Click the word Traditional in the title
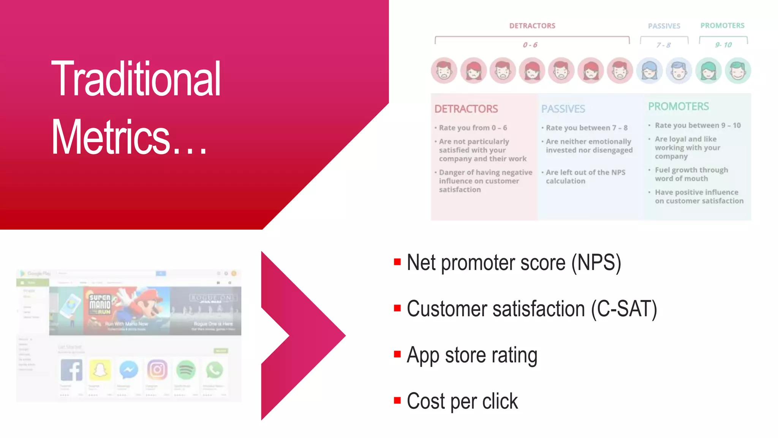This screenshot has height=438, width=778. click(136, 79)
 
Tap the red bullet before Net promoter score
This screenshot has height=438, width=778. click(397, 262)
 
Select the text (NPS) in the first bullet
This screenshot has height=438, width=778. click(596, 263)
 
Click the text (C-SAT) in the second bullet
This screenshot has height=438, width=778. click(624, 309)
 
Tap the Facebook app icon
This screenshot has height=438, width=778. click(71, 370)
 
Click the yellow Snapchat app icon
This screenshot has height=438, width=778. click(100, 370)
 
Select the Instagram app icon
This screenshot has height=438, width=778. click(157, 370)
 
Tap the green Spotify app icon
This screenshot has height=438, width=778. click(186, 370)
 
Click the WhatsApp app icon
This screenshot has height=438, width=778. click(214, 370)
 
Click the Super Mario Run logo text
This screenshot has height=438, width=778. click(100, 304)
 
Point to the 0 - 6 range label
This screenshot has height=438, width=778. click(530, 45)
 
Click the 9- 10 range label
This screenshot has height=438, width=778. click(723, 45)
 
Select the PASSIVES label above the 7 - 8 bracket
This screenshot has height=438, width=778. click(664, 26)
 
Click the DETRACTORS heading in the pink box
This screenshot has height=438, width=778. click(466, 109)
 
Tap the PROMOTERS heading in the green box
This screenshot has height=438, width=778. click(678, 106)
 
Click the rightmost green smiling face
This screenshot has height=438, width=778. click(738, 71)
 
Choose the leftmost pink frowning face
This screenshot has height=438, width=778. click(444, 71)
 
